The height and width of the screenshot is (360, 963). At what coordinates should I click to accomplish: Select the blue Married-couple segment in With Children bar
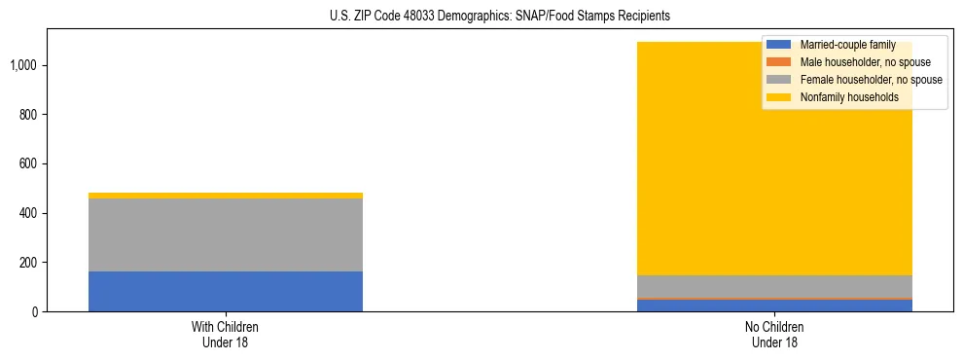click(225, 291)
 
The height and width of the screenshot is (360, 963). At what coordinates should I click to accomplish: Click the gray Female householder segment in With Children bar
click(225, 234)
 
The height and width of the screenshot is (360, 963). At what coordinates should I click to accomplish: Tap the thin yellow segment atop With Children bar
click(225, 196)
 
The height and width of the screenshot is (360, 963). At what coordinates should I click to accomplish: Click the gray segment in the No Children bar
click(774, 286)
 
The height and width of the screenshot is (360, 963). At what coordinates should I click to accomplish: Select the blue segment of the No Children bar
click(774, 306)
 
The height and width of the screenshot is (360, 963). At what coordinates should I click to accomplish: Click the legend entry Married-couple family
click(840, 45)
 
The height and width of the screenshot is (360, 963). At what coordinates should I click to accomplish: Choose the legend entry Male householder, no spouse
click(856, 62)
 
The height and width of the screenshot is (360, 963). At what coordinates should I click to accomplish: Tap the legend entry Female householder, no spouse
click(860, 80)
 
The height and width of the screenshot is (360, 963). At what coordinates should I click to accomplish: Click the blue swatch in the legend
click(779, 45)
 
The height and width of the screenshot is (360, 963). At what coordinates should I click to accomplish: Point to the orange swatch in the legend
click(779, 62)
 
